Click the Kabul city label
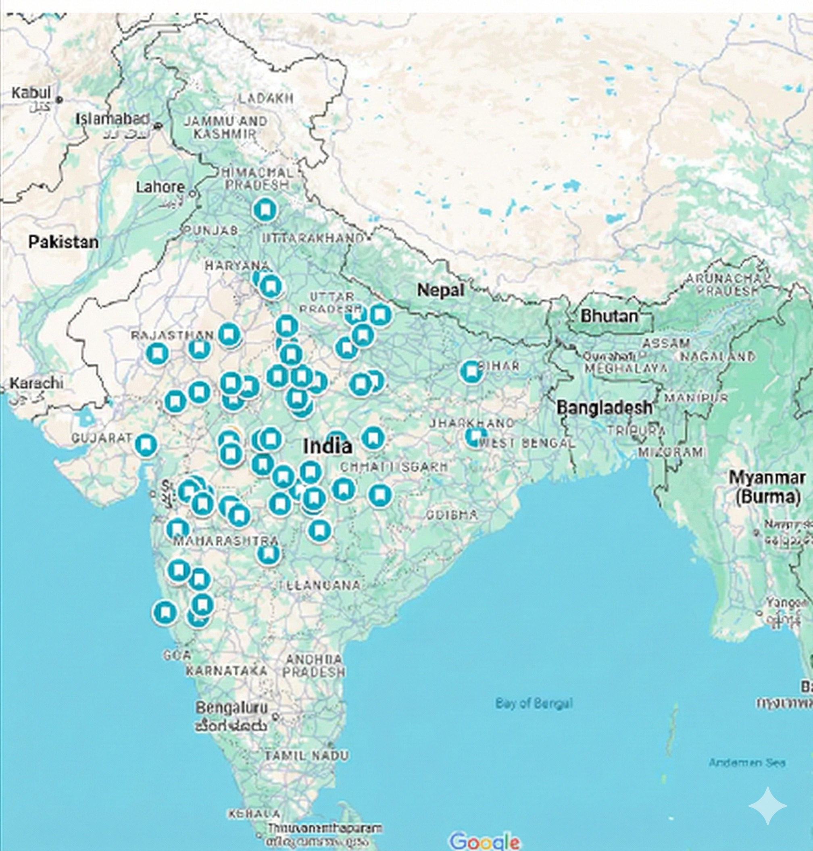coord(31,93)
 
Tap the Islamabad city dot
coord(158,126)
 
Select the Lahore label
coord(160,187)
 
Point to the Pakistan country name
coord(63,242)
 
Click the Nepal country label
coord(440,290)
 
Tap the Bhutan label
coord(609,316)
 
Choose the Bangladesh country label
coord(604,407)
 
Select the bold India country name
coord(327,446)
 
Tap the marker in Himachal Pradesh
coord(265,210)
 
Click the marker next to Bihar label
coord(471,372)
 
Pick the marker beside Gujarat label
coord(146,445)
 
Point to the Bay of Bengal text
coord(534,703)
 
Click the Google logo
coord(484,841)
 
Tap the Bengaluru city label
coord(231,708)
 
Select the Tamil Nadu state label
coord(306,756)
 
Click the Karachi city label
coord(36,383)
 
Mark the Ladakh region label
coord(266,98)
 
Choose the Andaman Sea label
coord(747,763)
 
